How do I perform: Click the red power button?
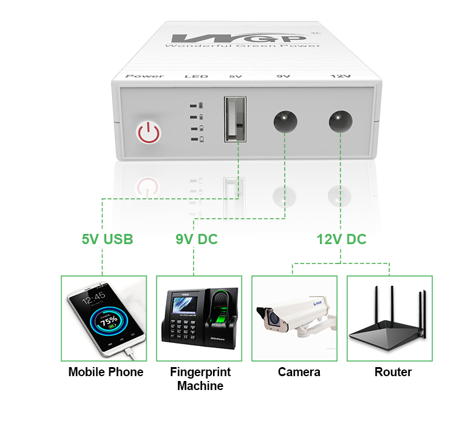click(148, 132)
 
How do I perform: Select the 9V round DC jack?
click(284, 120)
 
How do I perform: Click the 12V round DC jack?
click(340, 120)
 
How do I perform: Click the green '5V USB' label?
click(107, 239)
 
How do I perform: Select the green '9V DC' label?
click(197, 239)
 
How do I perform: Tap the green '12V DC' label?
click(342, 239)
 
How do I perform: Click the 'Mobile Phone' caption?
click(106, 372)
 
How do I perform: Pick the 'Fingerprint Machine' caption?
click(200, 379)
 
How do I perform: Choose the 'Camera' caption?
click(299, 372)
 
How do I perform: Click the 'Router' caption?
click(393, 372)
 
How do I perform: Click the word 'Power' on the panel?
click(144, 76)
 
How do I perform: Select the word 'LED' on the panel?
click(196, 76)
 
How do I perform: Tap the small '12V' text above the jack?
click(340, 76)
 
